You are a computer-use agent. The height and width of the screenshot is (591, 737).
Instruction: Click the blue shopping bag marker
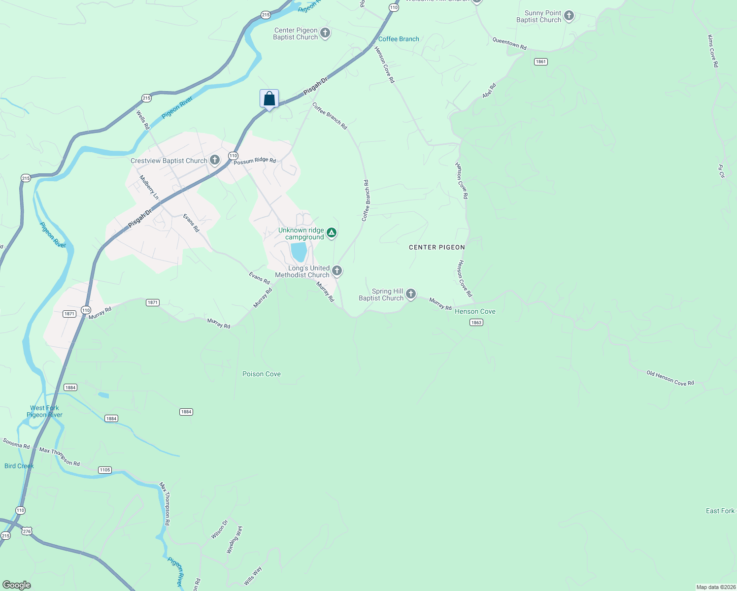tap(269, 98)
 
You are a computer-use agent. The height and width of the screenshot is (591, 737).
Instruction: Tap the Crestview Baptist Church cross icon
tap(215, 160)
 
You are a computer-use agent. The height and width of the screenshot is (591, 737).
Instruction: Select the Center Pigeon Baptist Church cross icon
tap(325, 33)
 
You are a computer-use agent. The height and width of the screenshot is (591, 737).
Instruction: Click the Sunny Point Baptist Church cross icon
tap(569, 16)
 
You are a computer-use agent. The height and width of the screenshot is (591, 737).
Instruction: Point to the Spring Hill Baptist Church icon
tap(411, 294)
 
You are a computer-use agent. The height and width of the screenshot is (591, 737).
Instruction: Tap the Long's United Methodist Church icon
tap(337, 270)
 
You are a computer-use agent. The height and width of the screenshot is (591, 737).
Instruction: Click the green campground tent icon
tap(332, 233)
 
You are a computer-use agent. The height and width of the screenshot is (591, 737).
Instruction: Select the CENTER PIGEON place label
tap(436, 247)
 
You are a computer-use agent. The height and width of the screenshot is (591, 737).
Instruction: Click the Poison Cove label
tap(262, 374)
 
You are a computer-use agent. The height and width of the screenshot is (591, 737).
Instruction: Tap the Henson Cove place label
tap(475, 311)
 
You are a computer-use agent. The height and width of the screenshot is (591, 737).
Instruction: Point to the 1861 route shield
tap(540, 62)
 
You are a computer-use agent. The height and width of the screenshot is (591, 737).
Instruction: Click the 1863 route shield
tap(476, 323)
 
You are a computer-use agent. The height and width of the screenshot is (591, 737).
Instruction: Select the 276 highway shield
tap(27, 531)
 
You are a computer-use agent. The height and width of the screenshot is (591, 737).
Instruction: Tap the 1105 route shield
tap(105, 470)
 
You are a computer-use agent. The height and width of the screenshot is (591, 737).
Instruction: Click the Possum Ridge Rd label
tap(255, 161)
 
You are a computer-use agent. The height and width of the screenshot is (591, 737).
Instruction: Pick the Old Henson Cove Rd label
tap(670, 378)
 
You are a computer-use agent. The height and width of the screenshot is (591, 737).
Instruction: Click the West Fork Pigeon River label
tap(44, 411)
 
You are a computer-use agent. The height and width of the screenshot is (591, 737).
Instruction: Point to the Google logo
tap(17, 585)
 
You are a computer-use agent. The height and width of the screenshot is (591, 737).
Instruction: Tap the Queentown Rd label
tap(509, 44)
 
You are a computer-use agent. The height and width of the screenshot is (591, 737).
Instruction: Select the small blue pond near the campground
tap(299, 252)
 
